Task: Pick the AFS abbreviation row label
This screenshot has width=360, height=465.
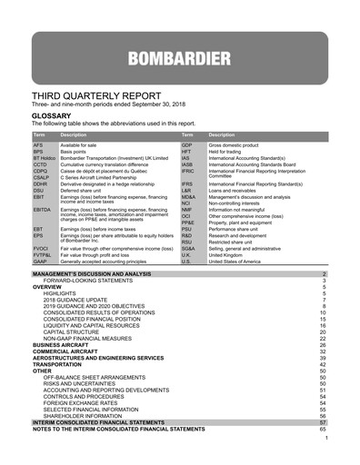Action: pos(38,144)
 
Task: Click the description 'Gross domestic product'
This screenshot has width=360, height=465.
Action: pos(235,144)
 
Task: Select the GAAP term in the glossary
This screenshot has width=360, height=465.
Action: pos(40,261)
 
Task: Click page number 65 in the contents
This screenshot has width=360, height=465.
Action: pos(322,429)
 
